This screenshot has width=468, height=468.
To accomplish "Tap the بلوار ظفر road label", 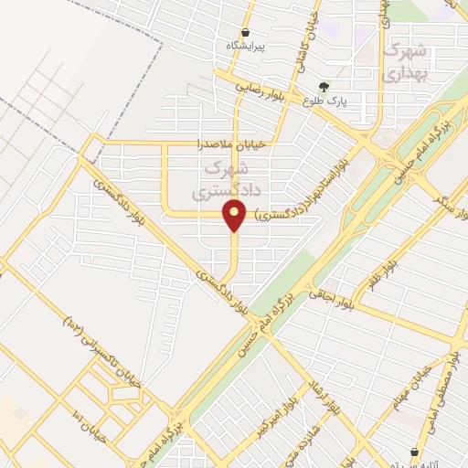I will [x=382, y=275].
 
